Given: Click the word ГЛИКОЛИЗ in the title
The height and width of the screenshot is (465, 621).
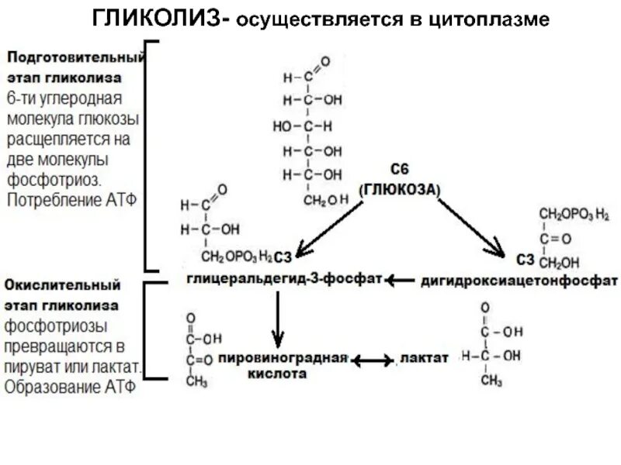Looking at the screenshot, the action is point(158,18).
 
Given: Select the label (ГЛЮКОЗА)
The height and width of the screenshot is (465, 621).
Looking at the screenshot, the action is point(399,189).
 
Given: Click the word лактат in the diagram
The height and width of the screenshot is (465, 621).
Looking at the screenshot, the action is point(425,359).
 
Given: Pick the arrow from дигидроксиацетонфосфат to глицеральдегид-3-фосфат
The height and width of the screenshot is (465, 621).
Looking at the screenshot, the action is point(402,279).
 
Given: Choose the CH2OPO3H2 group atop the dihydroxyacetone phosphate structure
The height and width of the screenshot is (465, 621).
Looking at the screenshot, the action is point(574,213).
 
